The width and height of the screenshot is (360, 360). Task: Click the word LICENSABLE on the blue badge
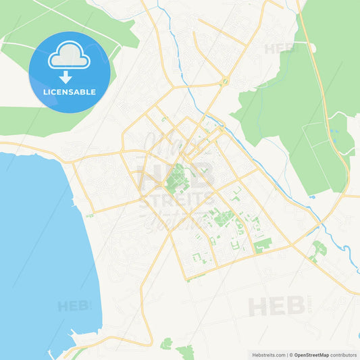(70, 91)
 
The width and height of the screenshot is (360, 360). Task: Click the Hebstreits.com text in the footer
(267, 355)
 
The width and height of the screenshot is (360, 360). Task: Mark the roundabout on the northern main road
(225, 82)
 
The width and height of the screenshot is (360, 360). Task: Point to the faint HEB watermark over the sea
(73, 306)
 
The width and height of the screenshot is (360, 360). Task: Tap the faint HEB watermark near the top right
(280, 49)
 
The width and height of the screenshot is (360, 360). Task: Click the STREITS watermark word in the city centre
(177, 201)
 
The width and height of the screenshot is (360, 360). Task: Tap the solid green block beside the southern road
(263, 244)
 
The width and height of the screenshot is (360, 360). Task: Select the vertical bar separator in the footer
(288, 355)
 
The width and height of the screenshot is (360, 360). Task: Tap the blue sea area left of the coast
(34, 257)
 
